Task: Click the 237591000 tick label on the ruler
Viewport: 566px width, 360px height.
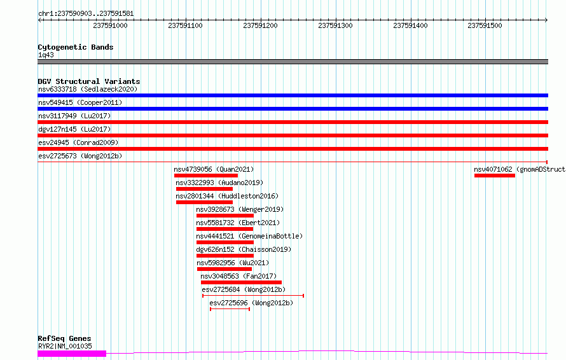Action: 110,25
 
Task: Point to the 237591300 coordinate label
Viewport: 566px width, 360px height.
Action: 335,25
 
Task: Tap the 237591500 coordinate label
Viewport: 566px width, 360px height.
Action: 485,25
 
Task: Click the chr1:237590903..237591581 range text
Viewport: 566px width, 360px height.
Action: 86,13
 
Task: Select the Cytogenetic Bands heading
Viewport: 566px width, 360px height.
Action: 76,47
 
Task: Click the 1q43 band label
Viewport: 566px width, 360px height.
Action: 46,55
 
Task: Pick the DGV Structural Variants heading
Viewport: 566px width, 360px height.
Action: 89,81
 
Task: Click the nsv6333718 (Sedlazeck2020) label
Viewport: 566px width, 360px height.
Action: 88,89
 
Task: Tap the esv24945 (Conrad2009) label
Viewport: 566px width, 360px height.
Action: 78,142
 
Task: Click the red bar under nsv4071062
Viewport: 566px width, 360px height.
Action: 495,176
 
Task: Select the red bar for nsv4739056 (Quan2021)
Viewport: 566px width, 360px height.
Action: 206,176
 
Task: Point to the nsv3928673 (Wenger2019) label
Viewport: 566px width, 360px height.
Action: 240,209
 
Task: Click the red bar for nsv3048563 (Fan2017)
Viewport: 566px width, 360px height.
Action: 241,282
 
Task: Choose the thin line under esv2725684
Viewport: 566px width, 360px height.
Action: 253,296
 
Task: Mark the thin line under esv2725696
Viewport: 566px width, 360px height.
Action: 230,309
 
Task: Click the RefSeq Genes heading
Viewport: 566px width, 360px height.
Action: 65,338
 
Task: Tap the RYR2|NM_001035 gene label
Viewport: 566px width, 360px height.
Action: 65,346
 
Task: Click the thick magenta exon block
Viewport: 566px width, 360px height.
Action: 72,354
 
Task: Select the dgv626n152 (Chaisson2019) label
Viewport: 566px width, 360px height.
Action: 244,249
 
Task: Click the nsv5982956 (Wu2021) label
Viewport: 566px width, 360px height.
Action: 233,263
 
